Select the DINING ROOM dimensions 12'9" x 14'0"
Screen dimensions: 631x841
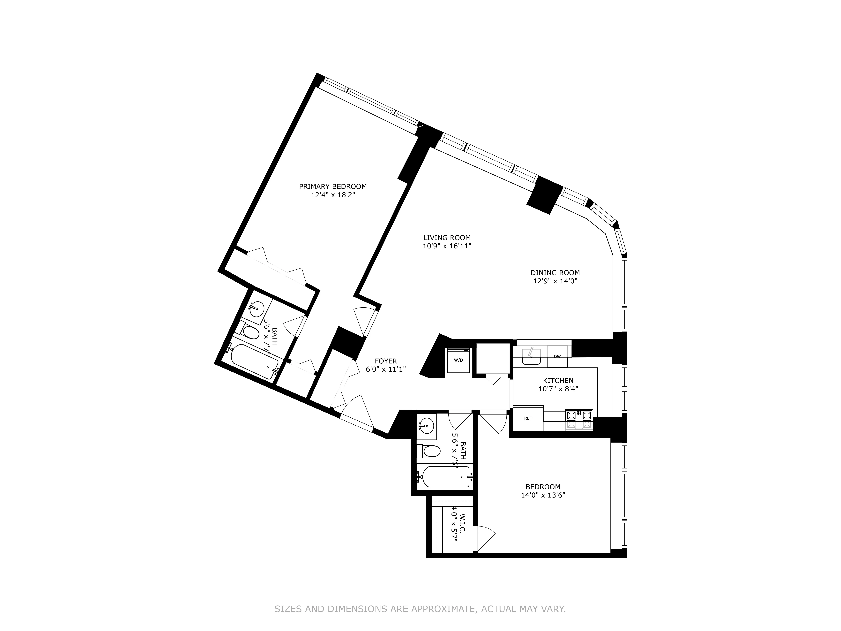[555, 281]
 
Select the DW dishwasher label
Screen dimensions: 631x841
[557, 356]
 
